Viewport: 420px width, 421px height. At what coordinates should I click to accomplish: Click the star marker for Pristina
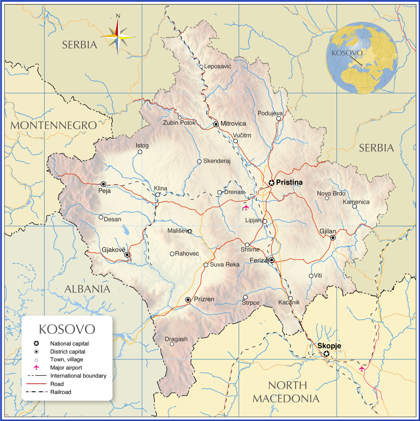(x=271, y=183)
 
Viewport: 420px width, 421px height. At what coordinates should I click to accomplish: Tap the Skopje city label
(x=329, y=346)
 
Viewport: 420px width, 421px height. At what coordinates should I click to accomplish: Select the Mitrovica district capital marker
(x=216, y=124)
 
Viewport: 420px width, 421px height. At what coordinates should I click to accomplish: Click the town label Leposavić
(x=218, y=66)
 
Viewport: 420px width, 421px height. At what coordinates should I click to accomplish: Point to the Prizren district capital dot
(x=188, y=300)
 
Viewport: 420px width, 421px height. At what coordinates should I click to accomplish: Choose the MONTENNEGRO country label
(x=54, y=125)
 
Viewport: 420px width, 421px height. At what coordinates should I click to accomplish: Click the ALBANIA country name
(x=87, y=289)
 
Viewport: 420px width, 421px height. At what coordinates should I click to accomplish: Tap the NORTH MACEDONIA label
(x=286, y=392)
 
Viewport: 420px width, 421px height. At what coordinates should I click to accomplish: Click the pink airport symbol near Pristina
(x=246, y=207)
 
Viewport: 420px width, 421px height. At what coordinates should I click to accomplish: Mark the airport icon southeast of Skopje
(x=362, y=368)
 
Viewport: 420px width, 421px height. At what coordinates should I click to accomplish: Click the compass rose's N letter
(x=118, y=16)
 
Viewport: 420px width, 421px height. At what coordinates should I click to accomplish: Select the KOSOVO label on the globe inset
(x=347, y=53)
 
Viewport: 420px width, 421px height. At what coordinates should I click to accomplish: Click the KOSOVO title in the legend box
(x=67, y=329)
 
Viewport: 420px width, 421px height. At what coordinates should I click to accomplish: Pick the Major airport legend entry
(x=66, y=368)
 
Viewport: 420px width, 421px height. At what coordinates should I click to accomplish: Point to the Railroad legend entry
(x=60, y=392)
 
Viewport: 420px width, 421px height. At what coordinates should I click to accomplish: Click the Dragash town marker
(x=172, y=344)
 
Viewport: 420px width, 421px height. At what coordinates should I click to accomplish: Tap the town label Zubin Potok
(x=179, y=123)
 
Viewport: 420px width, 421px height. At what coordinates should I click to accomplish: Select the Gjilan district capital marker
(x=332, y=237)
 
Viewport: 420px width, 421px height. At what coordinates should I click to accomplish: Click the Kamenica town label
(x=356, y=202)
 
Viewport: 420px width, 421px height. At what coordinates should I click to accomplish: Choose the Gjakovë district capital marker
(x=127, y=255)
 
